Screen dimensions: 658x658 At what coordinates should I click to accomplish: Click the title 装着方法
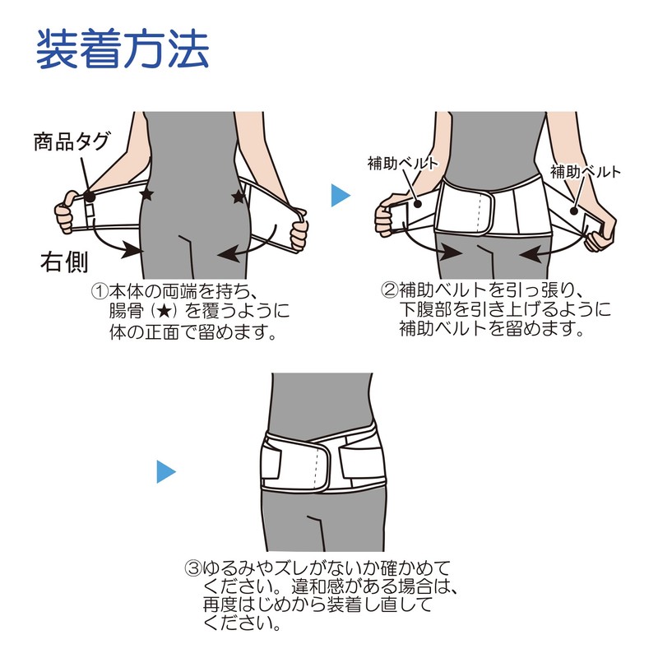123,50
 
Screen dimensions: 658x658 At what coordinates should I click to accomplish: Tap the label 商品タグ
71,141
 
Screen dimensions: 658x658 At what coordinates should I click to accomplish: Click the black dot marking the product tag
90,197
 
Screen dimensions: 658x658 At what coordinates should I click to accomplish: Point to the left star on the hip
147,194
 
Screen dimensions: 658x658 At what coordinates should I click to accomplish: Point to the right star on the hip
239,197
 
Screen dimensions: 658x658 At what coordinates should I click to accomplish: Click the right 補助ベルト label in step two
586,172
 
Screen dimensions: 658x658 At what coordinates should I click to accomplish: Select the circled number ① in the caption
100,291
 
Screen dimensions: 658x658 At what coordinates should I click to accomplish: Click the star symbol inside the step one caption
168,313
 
